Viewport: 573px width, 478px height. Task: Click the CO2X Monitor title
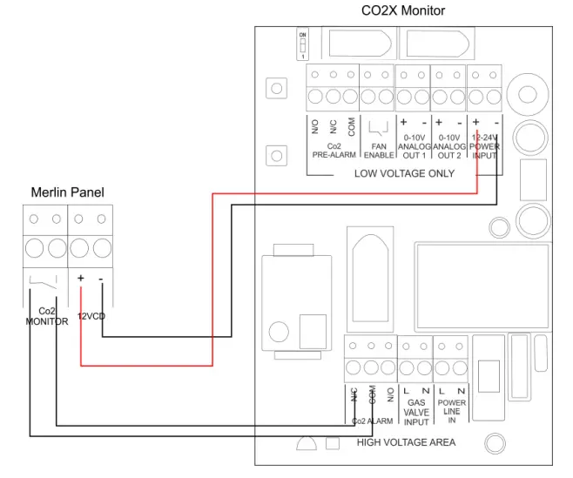tap(402, 11)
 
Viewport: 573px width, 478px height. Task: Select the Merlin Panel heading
tap(67, 192)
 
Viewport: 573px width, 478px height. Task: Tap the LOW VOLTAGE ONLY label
tap(403, 173)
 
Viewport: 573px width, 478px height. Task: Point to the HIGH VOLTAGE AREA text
tap(406, 442)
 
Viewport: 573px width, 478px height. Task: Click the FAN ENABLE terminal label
tap(378, 151)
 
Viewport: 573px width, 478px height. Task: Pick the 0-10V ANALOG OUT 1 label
tap(414, 146)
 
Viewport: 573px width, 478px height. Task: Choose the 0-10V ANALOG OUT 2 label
tap(449, 146)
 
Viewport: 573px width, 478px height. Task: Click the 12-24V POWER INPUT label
tap(484, 146)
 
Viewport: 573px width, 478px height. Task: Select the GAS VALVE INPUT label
tap(416, 412)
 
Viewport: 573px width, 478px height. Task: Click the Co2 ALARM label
tap(372, 421)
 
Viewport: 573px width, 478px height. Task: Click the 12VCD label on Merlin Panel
tap(91, 316)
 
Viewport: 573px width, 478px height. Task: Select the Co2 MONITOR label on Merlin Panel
tap(46, 316)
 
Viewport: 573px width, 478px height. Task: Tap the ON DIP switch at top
tap(303, 44)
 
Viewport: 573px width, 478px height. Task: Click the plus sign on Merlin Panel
tap(80, 279)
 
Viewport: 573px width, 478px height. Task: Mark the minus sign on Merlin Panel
tap(101, 279)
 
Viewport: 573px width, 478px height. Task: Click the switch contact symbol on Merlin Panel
tap(44, 281)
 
